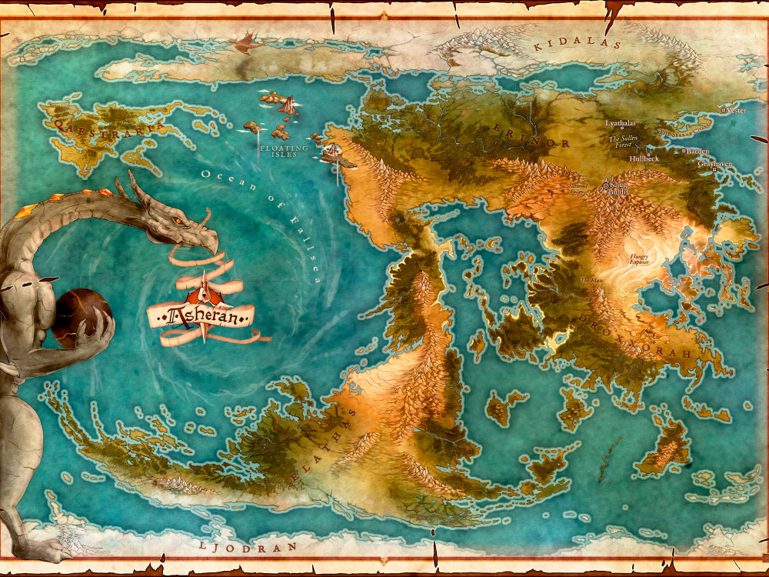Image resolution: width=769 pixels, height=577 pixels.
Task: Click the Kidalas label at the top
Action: [577, 45]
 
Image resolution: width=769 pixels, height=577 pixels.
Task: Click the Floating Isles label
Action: [283, 151]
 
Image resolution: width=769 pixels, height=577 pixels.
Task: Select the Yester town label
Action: [736, 111]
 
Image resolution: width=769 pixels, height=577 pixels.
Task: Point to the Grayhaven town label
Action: [714, 164]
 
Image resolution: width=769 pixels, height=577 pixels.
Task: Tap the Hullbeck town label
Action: [644, 158]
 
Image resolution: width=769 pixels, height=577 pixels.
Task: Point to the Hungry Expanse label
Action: [639, 259]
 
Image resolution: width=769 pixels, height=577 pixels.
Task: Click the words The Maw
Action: [591, 281]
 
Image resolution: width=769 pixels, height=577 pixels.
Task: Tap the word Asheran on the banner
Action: [201, 314]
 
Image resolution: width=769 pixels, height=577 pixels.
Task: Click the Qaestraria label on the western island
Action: [108, 124]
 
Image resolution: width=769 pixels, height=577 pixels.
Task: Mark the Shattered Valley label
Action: [576, 188]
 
